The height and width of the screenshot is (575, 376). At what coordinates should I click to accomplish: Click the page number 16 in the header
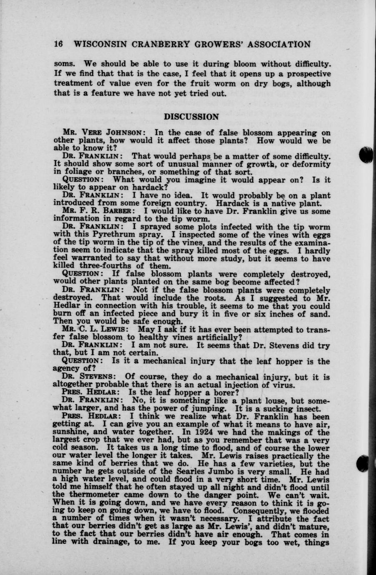coord(58,44)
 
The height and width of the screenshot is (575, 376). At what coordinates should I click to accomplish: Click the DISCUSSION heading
coord(191,117)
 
